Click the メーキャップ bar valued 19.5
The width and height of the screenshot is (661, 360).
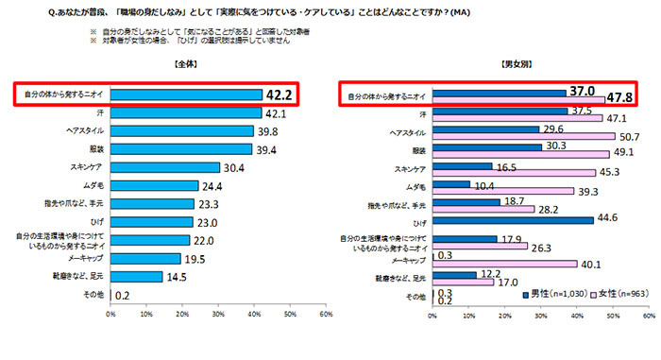tap(145, 258)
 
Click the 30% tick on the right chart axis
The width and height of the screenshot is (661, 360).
tap(539, 315)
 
